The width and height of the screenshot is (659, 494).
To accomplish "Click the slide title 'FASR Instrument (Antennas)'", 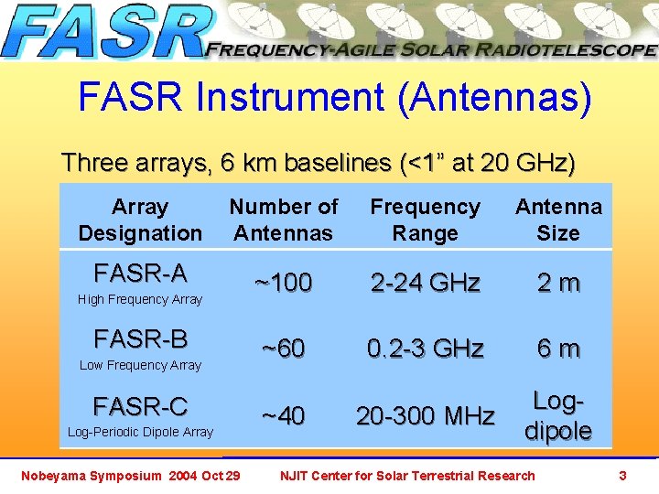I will coord(335,98).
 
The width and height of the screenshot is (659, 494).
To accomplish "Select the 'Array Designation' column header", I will coord(140,220).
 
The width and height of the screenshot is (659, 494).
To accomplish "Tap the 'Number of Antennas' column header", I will coord(284,220).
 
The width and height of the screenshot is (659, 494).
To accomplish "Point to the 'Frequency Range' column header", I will coord(425,220).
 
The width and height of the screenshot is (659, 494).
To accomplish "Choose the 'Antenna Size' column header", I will coord(558,220).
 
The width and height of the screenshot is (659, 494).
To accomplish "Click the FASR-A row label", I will coord(140,273).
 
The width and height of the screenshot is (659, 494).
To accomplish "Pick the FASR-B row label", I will coord(140,339).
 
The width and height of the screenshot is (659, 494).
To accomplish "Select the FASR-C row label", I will coord(140,406).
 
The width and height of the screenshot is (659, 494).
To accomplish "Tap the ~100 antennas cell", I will coord(283,283).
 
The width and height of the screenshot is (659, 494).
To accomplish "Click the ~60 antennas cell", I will coord(283,349).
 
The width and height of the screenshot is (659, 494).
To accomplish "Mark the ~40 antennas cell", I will coord(283,416).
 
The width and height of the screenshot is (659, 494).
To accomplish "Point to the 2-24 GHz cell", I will coord(425,283).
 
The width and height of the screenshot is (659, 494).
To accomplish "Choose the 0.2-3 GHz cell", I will coord(425,349).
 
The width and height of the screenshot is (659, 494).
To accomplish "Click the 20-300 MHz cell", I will coord(425,416).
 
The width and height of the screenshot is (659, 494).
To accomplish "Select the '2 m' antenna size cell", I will coord(558,283).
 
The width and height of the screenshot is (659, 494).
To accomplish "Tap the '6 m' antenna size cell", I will coord(558,349).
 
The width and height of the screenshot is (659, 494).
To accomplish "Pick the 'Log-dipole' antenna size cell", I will coord(558,416).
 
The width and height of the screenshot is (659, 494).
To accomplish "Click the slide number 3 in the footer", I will coord(622,476).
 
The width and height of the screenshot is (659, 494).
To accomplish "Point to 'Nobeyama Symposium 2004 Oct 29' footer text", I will coord(131,476).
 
